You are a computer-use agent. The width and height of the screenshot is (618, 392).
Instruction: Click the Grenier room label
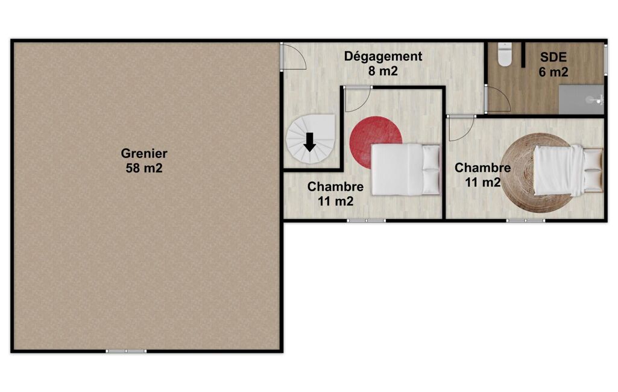144,153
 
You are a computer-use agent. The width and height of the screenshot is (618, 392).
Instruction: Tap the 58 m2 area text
144,168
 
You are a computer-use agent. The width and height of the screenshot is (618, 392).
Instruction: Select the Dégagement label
383,57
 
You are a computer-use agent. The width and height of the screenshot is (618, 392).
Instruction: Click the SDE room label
553,57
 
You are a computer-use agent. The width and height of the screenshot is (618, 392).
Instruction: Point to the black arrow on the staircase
310,142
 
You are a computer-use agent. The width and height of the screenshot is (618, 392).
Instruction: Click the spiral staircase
311,139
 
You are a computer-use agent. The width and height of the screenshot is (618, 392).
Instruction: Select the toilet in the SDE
505,54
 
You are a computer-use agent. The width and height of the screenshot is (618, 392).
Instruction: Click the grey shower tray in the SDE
581,100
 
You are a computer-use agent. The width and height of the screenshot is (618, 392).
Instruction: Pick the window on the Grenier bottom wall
126,351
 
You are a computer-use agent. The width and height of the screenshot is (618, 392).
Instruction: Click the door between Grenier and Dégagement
293,56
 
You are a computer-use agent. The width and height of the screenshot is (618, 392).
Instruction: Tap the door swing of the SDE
497,98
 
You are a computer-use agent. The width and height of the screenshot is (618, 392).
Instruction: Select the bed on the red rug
406,169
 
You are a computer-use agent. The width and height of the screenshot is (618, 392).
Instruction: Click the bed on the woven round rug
568,170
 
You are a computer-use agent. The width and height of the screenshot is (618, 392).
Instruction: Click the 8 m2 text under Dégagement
383,71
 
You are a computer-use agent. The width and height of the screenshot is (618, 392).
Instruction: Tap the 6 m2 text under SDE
553,72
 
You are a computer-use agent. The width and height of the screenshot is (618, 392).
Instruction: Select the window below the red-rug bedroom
366,221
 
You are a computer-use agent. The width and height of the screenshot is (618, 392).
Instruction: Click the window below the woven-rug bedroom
526,221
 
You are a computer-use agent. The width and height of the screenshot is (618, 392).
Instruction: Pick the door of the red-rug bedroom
358,99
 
